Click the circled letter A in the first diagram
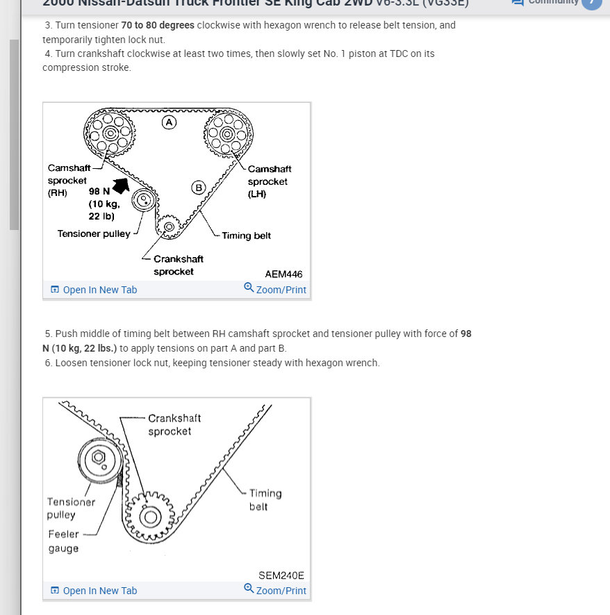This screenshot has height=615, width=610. pos(169,122)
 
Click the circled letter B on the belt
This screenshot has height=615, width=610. pos(199,187)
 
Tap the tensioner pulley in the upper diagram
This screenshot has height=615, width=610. pos(142,200)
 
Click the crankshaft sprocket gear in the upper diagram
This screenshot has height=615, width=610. pos(169,226)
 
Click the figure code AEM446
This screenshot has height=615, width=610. pos(283,274)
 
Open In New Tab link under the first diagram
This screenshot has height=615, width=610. pos(100,290)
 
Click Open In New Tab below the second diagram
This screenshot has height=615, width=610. pos(100,591)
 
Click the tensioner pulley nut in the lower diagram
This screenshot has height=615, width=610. pos(98,457)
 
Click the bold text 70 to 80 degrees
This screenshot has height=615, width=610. pos(158,25)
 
